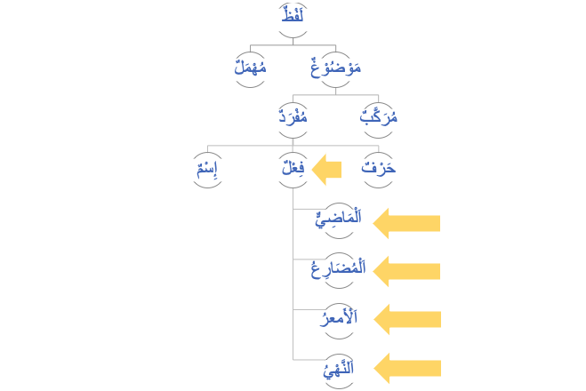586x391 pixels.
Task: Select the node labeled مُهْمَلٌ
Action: [x=251, y=68]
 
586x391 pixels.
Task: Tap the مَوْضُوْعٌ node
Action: [x=335, y=68]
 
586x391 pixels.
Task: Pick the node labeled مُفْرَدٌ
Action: [x=293, y=116]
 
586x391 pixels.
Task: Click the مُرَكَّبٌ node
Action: [x=379, y=116]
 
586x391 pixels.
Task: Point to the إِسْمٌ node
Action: [x=208, y=168]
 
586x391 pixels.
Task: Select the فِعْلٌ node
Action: [x=293, y=168]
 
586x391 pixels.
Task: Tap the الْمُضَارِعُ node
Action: [x=338, y=268]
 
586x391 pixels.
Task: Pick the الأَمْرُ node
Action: [x=338, y=317]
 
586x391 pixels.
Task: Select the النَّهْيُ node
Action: [x=339, y=366]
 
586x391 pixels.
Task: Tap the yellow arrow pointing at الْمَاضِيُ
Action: [x=405, y=222]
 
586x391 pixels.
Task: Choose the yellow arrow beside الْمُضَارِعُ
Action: [x=405, y=270]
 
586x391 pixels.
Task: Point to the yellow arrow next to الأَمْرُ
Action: [x=405, y=318]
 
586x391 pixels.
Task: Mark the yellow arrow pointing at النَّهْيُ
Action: [x=405, y=367]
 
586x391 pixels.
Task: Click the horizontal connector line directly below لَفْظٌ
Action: [x=293, y=44]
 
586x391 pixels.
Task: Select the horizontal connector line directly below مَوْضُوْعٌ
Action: [x=336, y=95]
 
